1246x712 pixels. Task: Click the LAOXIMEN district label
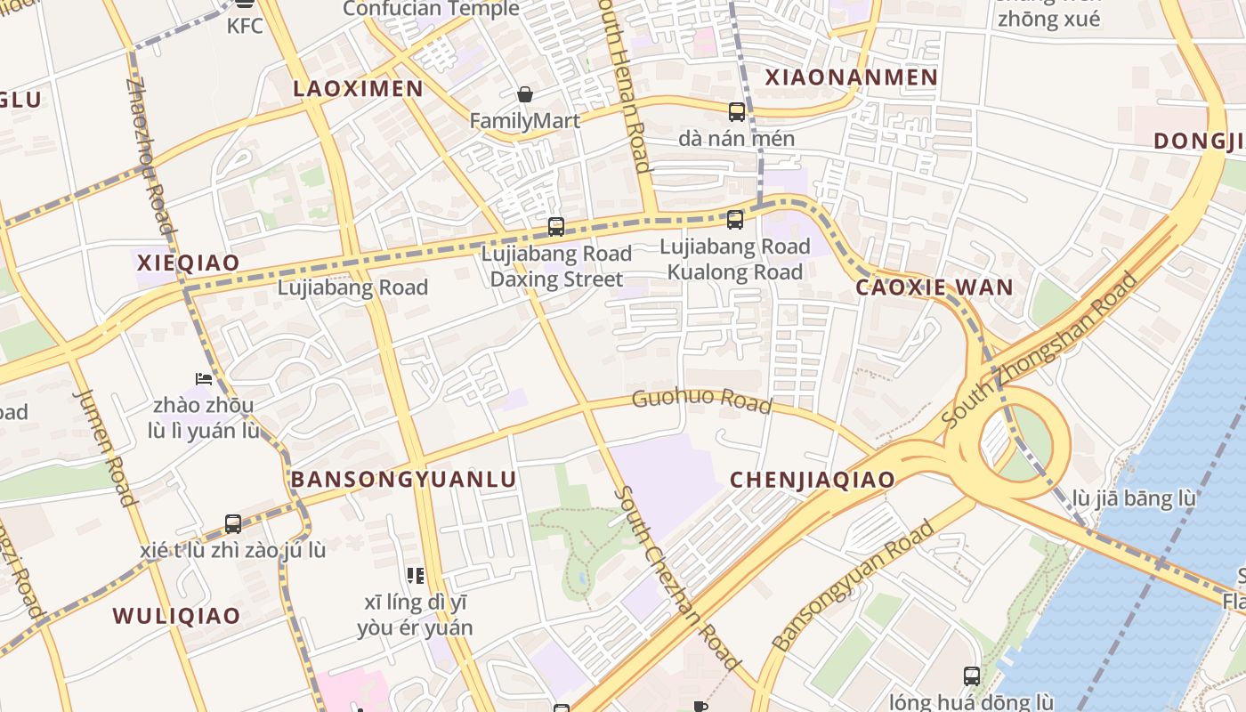tap(358, 88)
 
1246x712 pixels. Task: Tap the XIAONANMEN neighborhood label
tap(852, 77)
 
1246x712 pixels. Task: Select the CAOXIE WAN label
tap(934, 287)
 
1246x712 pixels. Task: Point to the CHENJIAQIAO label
tap(812, 480)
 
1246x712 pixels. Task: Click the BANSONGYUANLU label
tap(403, 480)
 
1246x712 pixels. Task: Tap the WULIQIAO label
tap(176, 616)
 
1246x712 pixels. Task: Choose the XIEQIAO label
tap(188, 263)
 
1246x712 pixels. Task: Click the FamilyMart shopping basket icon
tap(525, 94)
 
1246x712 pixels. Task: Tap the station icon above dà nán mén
tap(737, 112)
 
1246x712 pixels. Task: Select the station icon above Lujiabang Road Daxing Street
tap(556, 227)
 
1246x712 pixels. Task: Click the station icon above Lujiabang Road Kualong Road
tap(735, 219)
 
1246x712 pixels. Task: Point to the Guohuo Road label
tap(701, 400)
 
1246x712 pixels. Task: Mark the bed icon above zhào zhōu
tap(204, 379)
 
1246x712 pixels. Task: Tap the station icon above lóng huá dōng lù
tap(972, 676)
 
